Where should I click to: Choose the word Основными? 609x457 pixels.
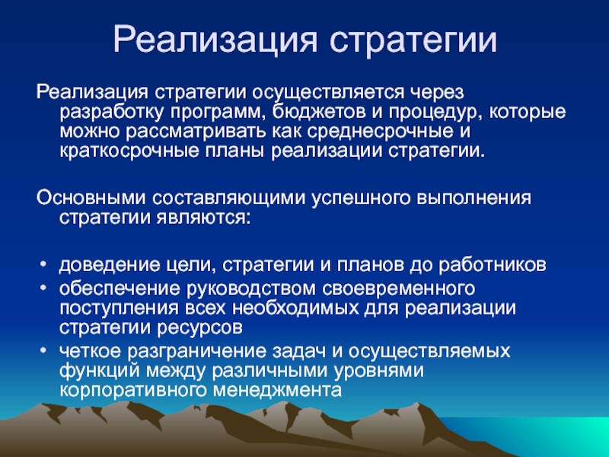click(91, 198)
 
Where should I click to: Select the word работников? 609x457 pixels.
click(493, 265)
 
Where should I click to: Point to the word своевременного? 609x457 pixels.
click(398, 289)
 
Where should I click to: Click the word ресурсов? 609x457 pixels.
click(199, 328)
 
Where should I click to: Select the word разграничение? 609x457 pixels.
click(196, 352)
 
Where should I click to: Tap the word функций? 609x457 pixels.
click(100, 371)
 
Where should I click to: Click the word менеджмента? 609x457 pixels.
click(277, 390)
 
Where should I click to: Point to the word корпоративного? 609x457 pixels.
click(134, 391)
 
